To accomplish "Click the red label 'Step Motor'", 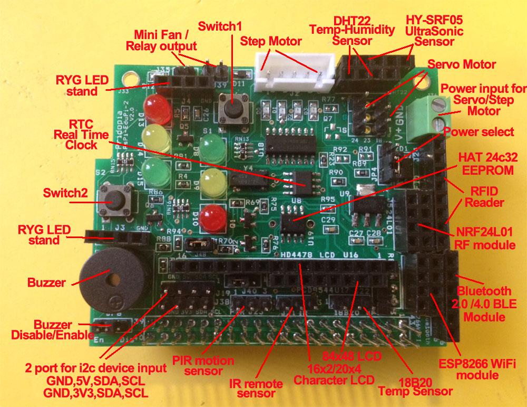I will [271, 41].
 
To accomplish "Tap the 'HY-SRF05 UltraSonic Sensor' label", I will [434, 30].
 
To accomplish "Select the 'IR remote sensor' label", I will [257, 388].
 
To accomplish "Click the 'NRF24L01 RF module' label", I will [484, 237].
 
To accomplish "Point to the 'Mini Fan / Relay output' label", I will [161, 40].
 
